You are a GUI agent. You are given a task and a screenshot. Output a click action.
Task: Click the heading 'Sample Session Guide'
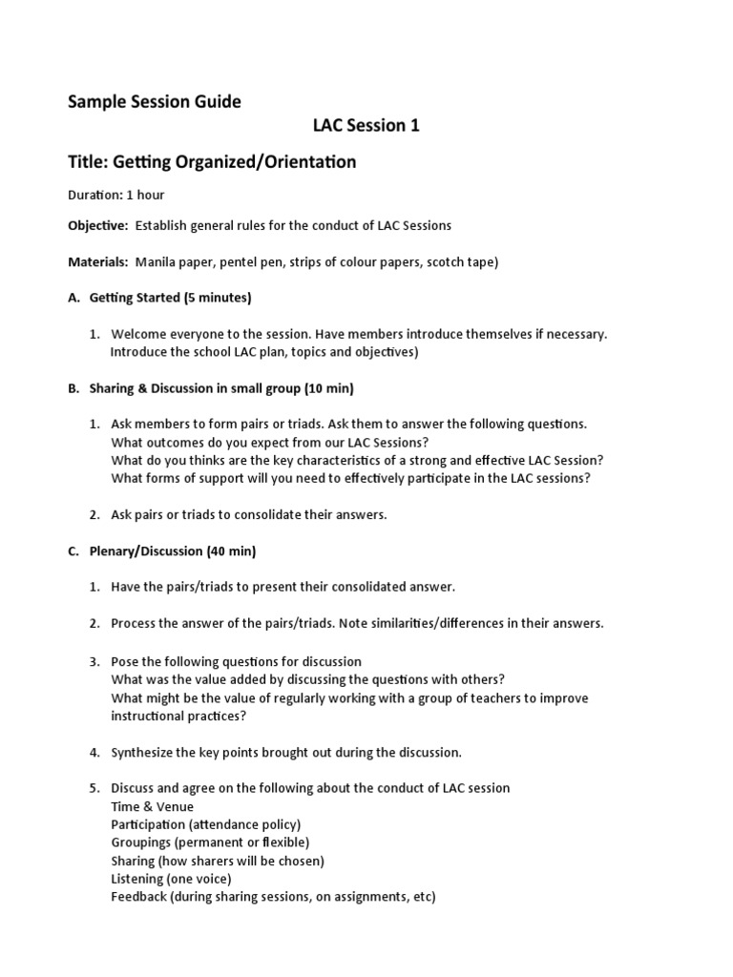coord(154,101)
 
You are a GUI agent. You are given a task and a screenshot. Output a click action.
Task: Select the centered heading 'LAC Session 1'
coord(366,125)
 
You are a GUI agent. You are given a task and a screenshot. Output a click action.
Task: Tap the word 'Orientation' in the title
coord(306,161)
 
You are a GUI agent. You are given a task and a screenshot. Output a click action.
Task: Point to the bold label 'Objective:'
coord(97,225)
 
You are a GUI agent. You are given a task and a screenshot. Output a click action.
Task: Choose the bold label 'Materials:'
coord(97,261)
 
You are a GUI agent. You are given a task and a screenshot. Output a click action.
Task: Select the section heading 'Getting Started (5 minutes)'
coord(170,298)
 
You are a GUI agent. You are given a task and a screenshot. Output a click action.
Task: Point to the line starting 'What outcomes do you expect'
coord(270,442)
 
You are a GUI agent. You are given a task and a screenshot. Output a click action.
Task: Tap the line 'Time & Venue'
coord(152,806)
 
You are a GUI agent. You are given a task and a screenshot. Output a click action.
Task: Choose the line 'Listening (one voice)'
coord(171,879)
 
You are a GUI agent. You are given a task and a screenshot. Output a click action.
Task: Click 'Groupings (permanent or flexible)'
coord(210,842)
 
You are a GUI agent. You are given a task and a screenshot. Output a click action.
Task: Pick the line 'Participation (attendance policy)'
coord(205,824)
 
